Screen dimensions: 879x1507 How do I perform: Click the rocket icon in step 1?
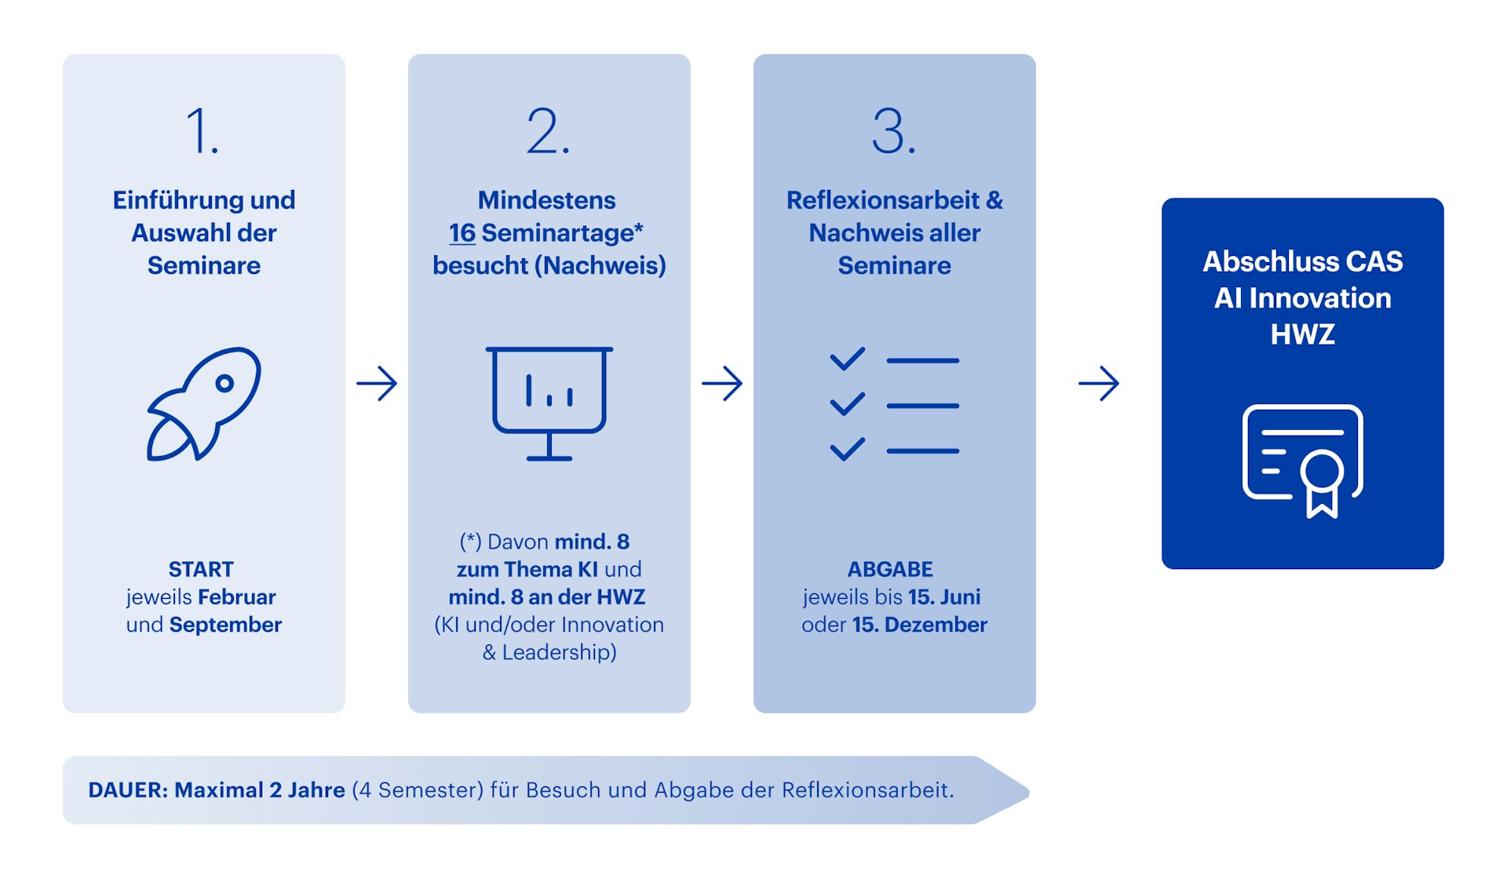point(204,403)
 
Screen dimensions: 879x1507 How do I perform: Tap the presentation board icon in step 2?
point(549,402)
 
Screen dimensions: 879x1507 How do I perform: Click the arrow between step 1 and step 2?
point(377,384)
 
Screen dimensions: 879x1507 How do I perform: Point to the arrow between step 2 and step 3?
point(722,384)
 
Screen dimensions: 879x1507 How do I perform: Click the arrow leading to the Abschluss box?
point(1099,384)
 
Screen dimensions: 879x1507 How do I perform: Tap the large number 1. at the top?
point(202,131)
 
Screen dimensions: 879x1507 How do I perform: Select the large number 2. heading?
point(548,131)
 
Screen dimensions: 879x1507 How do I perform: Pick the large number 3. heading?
point(893,131)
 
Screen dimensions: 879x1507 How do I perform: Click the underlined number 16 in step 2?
point(462,233)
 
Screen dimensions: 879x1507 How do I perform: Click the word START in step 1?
point(201,569)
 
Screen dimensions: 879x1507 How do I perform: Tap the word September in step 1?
point(225,625)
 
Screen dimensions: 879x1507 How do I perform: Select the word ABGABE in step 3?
point(890,569)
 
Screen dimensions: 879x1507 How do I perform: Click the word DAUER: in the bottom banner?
point(127,790)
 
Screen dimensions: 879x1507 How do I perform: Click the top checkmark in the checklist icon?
point(848,359)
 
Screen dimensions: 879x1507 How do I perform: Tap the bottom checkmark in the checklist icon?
point(848,449)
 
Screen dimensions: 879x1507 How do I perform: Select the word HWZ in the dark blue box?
point(1302,335)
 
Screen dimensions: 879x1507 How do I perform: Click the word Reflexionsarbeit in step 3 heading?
point(882,200)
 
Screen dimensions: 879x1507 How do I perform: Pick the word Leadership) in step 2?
point(559,652)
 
